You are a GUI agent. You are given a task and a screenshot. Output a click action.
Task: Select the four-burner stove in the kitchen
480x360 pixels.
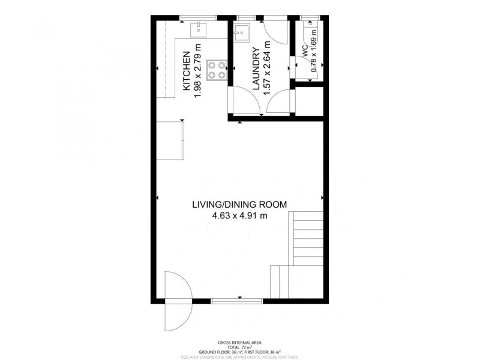(217, 70)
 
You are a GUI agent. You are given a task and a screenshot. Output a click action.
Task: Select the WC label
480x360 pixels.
(305, 50)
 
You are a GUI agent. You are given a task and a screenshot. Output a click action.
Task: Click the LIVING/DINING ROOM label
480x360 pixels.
(239, 204)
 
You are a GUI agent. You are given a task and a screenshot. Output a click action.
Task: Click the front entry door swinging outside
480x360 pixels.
(178, 300)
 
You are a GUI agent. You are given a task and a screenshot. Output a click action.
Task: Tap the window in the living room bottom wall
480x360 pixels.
(239, 299)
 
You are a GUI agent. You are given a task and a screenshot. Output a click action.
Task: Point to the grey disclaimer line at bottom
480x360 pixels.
(240, 356)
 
